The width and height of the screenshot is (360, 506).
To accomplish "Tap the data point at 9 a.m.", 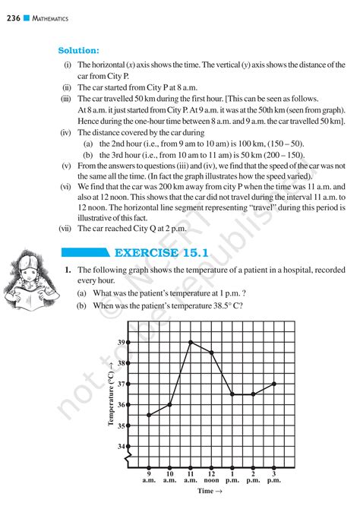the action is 149,415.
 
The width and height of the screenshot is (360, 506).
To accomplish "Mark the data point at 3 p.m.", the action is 273,384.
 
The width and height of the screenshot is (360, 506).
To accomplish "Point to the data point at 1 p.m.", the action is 232,394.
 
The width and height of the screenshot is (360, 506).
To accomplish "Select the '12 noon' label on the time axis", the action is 211,476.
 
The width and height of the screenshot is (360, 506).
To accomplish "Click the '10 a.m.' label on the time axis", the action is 169,476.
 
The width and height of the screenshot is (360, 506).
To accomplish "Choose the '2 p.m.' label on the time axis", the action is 253,476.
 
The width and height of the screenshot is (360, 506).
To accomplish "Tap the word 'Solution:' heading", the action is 79,50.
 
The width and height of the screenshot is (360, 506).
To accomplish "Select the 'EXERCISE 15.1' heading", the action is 163,252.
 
